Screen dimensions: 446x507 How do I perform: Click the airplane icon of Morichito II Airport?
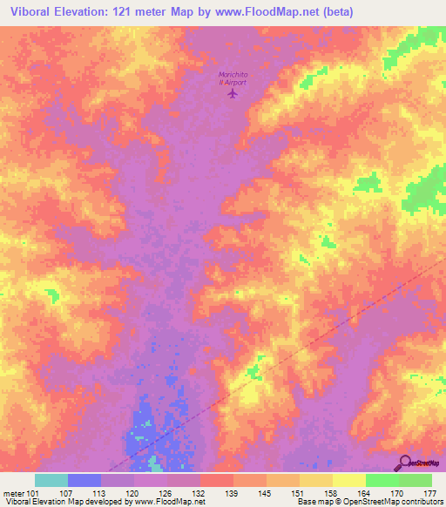click(232, 94)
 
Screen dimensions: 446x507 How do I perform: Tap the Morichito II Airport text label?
click(232, 78)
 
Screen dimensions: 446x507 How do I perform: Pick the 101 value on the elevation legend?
click(33, 493)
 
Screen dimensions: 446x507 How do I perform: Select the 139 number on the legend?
click(233, 493)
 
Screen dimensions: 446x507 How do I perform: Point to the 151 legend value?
click(299, 493)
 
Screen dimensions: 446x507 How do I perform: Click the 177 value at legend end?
click(429, 493)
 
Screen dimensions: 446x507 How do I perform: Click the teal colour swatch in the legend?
click(51, 480)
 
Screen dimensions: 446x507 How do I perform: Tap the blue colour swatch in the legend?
click(84, 480)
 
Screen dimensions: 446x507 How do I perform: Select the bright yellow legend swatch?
click(349, 480)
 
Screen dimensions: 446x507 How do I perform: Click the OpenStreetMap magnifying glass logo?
click(404, 463)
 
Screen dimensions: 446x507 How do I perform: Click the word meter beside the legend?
click(14, 493)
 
